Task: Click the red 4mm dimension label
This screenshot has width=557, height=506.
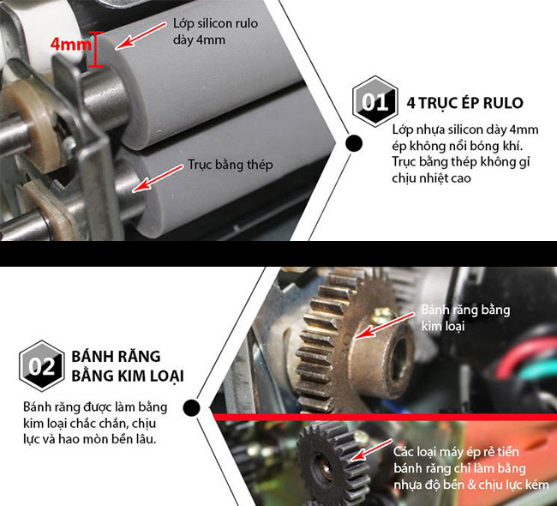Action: tap(70, 44)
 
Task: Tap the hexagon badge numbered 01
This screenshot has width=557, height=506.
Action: tap(374, 102)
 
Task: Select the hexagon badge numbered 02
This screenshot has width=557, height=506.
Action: tap(42, 366)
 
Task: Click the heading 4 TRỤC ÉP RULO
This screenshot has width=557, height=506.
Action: tap(464, 103)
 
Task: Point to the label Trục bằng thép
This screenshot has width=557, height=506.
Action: tap(231, 165)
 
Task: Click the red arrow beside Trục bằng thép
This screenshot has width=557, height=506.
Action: tap(158, 178)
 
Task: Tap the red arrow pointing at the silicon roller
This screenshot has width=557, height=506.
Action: tap(141, 35)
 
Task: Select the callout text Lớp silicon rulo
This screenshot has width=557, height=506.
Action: tap(215, 23)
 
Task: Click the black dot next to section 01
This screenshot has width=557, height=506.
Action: tap(354, 143)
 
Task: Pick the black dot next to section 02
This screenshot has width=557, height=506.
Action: tap(192, 407)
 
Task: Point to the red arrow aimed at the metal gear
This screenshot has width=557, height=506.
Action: tap(385, 326)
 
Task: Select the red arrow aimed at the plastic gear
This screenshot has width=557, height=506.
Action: tap(371, 449)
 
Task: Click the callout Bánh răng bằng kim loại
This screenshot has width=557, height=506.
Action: tap(465, 318)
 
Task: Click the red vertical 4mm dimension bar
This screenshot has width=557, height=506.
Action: tap(95, 49)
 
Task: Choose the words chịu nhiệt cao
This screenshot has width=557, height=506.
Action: tap(431, 178)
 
